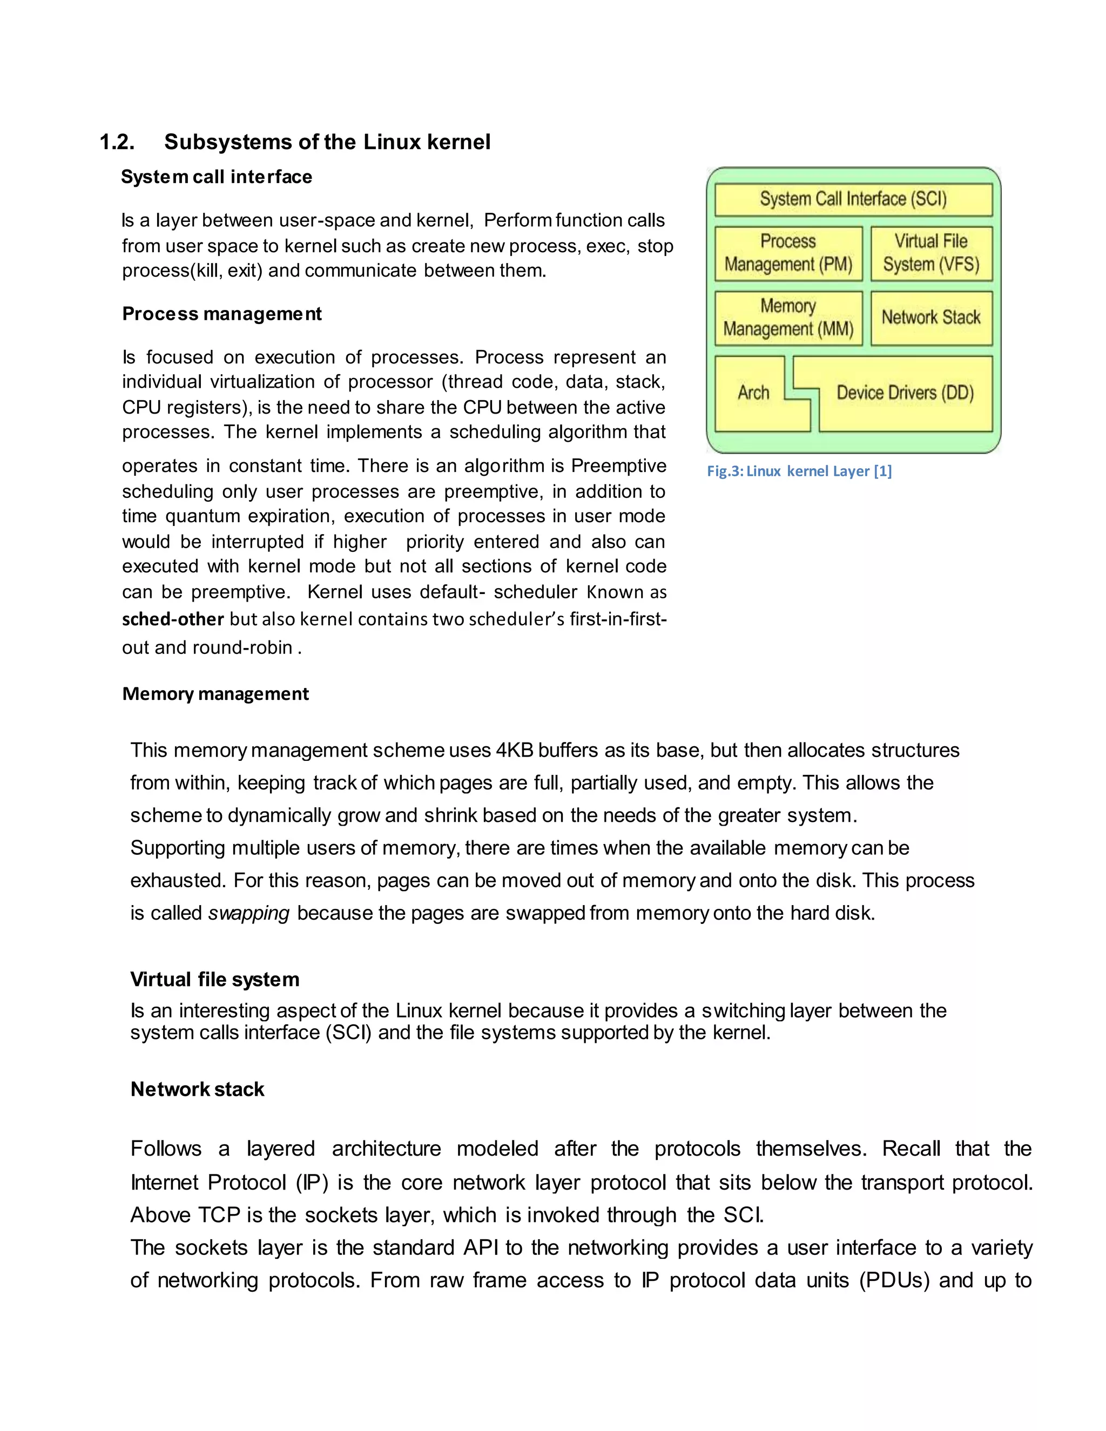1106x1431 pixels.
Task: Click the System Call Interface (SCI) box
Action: (853, 199)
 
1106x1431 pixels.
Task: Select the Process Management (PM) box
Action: (788, 253)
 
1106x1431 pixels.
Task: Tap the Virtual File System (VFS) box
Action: (931, 253)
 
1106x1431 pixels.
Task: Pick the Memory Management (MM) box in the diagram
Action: (788, 318)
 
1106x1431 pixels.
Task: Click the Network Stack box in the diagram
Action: (931, 318)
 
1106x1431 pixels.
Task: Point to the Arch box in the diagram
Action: (753, 393)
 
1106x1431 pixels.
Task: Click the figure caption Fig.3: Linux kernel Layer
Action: (799, 471)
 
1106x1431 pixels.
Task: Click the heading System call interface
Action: (216, 177)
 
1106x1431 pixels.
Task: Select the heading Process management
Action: (221, 314)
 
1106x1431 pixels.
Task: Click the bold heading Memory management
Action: (215, 694)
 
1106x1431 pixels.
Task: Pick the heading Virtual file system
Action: (214, 980)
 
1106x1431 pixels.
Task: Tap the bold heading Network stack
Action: (197, 1090)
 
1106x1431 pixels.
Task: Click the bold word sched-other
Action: (173, 619)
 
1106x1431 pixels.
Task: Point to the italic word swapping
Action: (248, 913)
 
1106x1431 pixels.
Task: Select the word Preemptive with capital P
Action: (618, 466)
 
